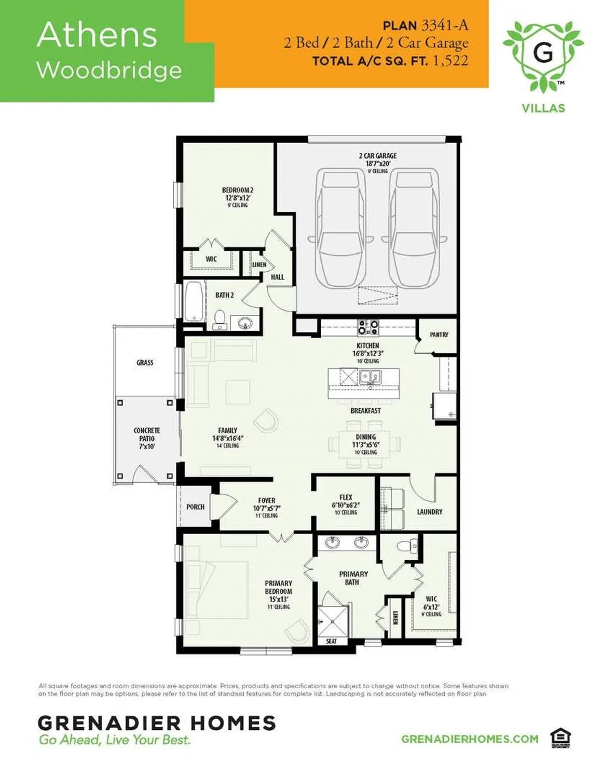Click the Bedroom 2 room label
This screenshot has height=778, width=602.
point(237,197)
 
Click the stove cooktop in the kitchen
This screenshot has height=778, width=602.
point(368,327)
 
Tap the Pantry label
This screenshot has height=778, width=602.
point(439,335)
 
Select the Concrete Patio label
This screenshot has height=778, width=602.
point(147,438)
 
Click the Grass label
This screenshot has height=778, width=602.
point(145,363)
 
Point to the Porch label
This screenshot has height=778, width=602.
point(195,507)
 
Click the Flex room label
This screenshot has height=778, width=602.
point(346,504)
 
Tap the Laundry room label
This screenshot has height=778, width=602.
point(430,512)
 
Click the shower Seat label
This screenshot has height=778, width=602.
point(331,641)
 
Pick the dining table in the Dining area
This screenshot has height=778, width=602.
point(365,444)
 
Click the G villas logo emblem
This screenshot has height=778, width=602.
point(543,54)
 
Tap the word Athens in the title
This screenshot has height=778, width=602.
point(97,35)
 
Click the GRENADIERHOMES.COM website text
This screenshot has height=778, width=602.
point(470,739)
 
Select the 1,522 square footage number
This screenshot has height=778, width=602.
point(450,61)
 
